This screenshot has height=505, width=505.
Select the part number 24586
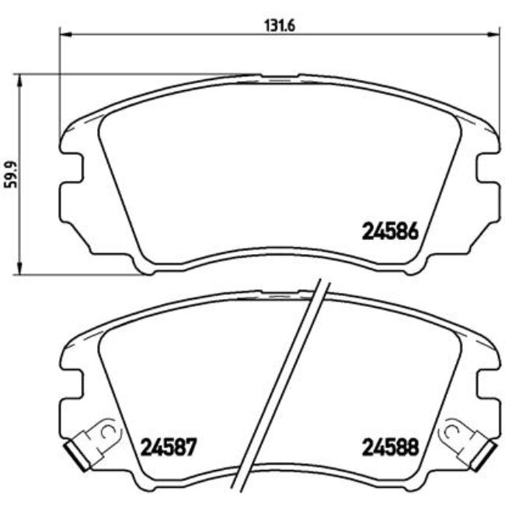point(392,231)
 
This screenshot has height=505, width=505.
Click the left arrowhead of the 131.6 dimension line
point(65,34)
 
